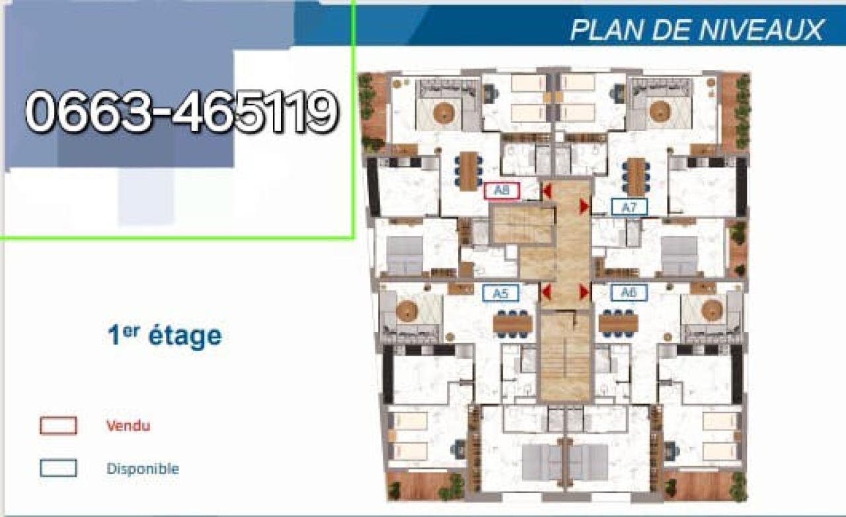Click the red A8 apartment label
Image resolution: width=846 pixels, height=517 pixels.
[502, 191]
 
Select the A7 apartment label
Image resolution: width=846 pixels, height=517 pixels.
[629, 207]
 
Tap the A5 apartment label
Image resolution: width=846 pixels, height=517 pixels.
[501, 293]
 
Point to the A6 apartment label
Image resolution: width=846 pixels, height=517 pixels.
[629, 292]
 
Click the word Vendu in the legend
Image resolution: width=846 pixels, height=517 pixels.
[128, 426]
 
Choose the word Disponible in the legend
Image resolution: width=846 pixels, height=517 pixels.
[143, 469]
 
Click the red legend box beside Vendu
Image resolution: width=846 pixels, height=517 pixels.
[58, 426]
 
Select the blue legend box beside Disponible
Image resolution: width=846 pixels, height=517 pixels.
[58, 468]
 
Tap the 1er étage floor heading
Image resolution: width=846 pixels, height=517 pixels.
[165, 335]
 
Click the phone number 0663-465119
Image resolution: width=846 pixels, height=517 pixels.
[182, 112]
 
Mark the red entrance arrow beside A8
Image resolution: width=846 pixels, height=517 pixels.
[547, 191]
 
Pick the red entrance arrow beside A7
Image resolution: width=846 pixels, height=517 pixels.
[584, 206]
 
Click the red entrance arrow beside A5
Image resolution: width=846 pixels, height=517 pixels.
[546, 292]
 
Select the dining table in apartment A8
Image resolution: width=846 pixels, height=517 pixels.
[469, 171]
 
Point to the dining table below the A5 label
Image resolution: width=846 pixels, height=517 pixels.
[512, 324]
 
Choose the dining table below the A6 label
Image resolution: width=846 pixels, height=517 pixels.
[618, 324]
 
